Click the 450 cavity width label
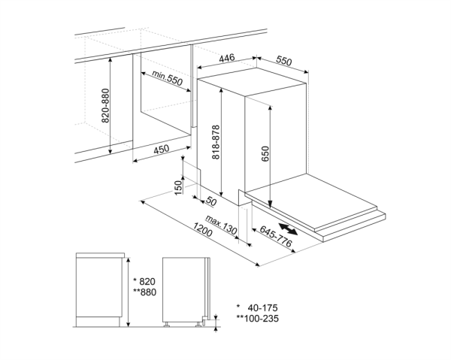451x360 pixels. point(161,150)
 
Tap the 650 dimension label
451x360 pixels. point(265,153)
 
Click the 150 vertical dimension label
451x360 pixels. point(178,186)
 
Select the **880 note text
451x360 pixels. point(144,292)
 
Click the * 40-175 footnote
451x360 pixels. point(259,307)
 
